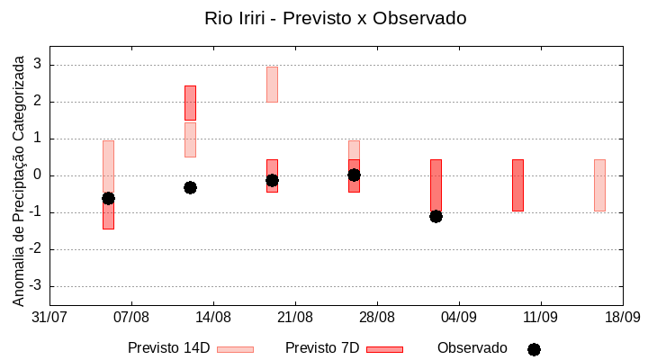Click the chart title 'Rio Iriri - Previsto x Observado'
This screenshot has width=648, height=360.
coord(335,18)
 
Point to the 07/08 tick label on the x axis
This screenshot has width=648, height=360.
coord(131,317)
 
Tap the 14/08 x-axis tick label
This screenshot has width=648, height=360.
coord(213,317)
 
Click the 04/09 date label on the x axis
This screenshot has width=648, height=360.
coord(459,317)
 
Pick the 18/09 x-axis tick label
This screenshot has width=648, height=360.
coord(623,317)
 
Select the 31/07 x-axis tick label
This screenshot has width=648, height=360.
coord(49,317)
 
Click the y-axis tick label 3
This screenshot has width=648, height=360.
coord(38,65)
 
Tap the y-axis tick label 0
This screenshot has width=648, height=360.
coord(38,175)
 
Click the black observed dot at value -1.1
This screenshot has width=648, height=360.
coord(436,216)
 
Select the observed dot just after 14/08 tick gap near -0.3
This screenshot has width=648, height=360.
coord(190,187)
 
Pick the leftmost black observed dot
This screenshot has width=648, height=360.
coord(108,198)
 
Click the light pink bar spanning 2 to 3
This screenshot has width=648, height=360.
coord(272,84)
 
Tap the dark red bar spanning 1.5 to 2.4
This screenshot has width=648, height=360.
coord(190,103)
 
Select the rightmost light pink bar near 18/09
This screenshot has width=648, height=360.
coord(599,185)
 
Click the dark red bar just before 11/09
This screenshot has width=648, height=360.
coord(517,185)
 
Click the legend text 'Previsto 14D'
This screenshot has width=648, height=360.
coord(168,348)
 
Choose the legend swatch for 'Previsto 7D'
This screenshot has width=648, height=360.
coord(384,349)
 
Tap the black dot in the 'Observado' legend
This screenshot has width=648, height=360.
coord(534,349)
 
